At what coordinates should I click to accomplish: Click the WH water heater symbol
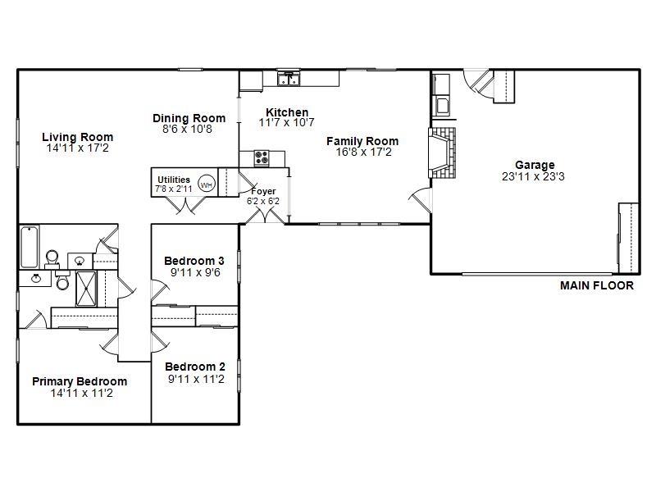point(207,184)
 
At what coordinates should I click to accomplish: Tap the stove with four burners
point(262,158)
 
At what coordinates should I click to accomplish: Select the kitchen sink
point(289,79)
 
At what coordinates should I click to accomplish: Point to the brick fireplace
point(442,153)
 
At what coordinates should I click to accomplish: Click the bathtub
point(30,247)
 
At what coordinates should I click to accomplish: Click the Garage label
point(535,165)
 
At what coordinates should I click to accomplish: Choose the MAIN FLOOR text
point(597,285)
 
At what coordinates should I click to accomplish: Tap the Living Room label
point(77,137)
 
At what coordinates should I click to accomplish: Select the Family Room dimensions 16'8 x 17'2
point(363,152)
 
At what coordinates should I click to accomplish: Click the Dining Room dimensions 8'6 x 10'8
point(187,129)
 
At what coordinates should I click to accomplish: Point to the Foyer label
point(263,191)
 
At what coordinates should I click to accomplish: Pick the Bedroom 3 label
point(194,261)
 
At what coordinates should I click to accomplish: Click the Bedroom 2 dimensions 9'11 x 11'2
point(196,379)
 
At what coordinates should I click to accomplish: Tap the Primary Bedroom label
point(80,381)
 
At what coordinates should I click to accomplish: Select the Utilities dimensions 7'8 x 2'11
point(174,189)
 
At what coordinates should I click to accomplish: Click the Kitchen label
point(287,112)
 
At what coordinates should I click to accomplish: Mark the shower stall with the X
point(86,289)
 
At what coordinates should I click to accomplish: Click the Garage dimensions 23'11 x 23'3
point(533,176)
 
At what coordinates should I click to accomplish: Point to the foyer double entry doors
point(264,215)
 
